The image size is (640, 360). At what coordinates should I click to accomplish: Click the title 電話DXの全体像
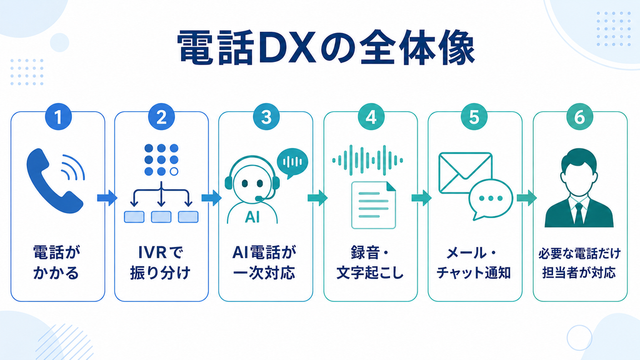[326, 47]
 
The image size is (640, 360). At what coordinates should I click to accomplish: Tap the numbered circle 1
[58, 117]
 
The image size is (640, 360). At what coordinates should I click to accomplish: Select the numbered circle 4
[371, 117]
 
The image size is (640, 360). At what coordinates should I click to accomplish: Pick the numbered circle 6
[579, 117]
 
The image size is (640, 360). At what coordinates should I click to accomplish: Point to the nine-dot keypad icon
[161, 159]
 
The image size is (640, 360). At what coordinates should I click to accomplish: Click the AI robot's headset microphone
[259, 199]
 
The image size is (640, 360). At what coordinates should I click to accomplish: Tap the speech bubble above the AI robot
[292, 163]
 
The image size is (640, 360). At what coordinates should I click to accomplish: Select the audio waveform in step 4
[367, 161]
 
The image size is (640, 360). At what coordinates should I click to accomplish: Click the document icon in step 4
[374, 205]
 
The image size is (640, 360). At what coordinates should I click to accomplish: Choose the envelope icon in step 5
[465, 172]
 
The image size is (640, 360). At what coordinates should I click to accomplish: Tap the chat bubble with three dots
[491, 199]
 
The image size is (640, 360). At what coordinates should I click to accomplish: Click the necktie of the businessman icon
[579, 212]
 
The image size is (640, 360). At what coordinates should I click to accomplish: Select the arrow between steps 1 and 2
[107, 198]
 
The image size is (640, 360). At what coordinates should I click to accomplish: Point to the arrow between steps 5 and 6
[526, 198]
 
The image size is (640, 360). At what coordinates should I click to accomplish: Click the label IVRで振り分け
[161, 262]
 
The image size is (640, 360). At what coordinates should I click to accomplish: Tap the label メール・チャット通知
[474, 262]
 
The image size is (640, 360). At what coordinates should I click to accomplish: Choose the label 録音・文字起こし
[370, 262]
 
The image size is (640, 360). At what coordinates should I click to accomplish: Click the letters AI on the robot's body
[252, 217]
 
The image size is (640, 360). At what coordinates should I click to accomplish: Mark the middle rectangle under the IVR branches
[161, 217]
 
